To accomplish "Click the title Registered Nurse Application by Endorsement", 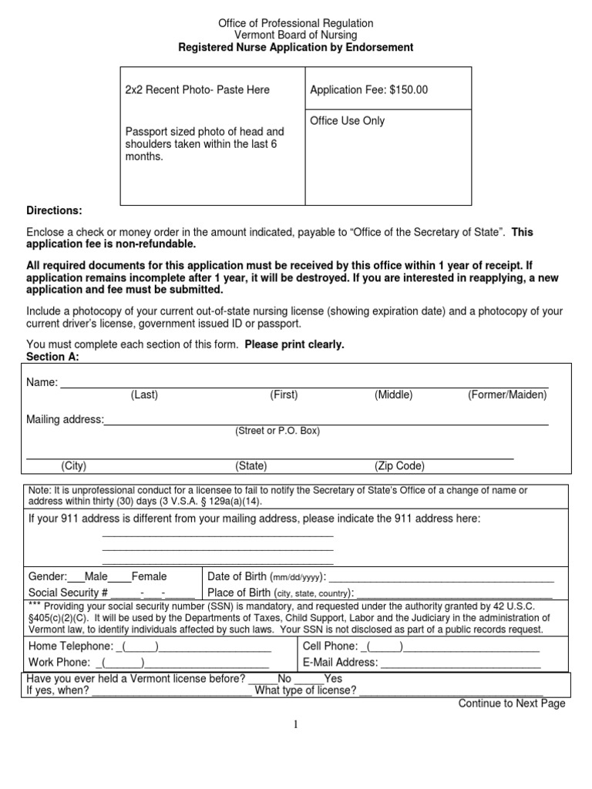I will [x=296, y=47].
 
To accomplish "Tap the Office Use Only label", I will [x=347, y=121].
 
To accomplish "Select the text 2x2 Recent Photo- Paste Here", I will [x=197, y=90].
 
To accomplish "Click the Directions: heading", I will [x=54, y=210].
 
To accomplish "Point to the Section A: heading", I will [x=52, y=358].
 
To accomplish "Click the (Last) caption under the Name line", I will [x=144, y=394].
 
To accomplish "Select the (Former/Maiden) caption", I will [x=506, y=394].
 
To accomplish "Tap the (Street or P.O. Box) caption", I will [x=277, y=431].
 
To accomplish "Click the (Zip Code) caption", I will [x=399, y=466].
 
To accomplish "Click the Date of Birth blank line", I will [x=441, y=578].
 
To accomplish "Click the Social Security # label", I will [x=68, y=593].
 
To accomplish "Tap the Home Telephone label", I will [x=70, y=646].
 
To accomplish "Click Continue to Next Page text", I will [x=512, y=703].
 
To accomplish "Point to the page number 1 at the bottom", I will [x=295, y=724].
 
